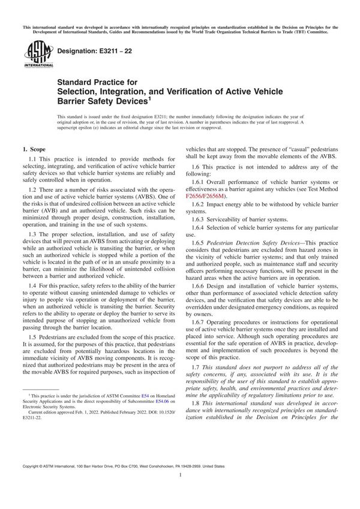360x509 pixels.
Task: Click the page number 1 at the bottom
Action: click(x=180, y=491)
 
